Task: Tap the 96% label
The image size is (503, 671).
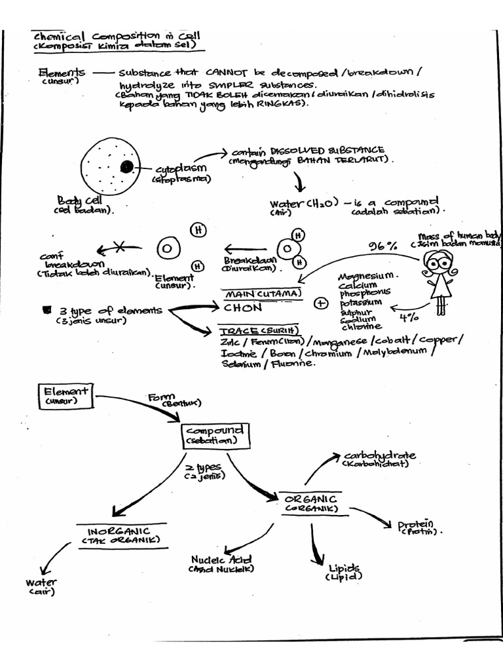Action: (x=382, y=246)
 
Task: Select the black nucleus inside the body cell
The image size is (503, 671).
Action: (x=127, y=166)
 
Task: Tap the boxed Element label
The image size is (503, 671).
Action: (x=66, y=395)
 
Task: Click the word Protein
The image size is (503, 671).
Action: (x=416, y=525)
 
